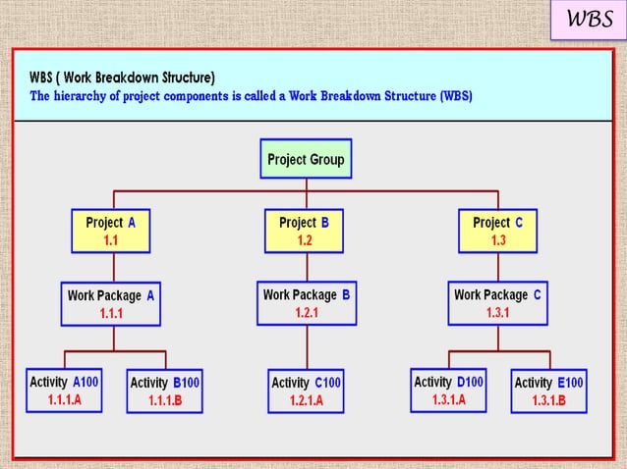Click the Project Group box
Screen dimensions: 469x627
pos(306,159)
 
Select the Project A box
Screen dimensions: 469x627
pos(111,232)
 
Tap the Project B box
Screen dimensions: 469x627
pos(306,232)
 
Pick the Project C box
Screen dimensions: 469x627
pos(498,232)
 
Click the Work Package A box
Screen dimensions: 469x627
pos(111,304)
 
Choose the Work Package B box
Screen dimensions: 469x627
pos(306,303)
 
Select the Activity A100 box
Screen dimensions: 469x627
pos(64,391)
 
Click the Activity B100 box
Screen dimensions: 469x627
pos(166,391)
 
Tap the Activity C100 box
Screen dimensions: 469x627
pos(306,391)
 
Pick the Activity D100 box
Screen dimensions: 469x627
pos(449,391)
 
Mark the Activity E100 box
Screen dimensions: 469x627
pos(549,391)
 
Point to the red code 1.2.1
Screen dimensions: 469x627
pos(307,313)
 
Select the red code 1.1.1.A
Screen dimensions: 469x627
pos(65,400)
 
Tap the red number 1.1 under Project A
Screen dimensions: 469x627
pos(111,240)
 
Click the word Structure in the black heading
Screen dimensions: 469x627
pos(184,78)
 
